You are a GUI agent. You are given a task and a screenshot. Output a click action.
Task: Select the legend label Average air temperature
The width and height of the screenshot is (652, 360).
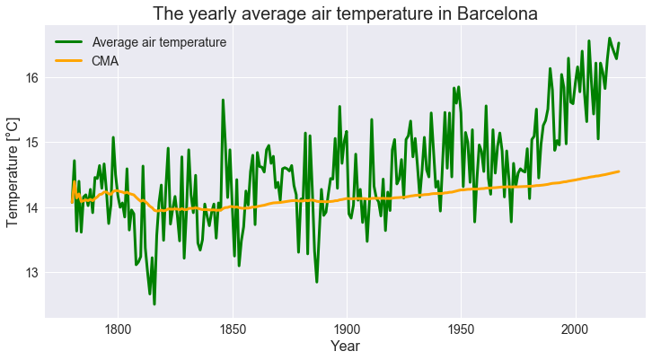pos(159,42)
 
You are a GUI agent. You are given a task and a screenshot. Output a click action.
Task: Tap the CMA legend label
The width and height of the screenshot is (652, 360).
pos(105,61)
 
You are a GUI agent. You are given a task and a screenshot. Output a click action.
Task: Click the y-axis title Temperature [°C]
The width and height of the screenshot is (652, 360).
pos(13,171)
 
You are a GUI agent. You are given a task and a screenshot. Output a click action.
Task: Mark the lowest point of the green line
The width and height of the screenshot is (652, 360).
pos(154,304)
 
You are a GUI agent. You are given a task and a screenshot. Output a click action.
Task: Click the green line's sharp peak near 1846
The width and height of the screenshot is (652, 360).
pos(223,100)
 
